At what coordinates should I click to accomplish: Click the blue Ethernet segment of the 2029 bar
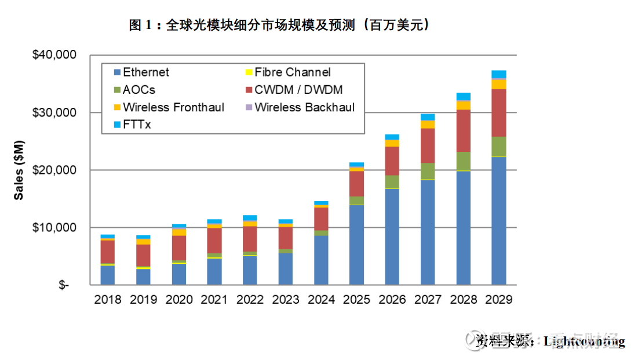pos(498,221)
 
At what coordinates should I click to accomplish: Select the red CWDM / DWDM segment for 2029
pos(498,112)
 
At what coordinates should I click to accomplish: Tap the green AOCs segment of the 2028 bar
pos(463,161)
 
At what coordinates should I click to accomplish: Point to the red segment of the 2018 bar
pos(107,252)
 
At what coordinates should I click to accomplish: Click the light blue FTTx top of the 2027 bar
pos(428,117)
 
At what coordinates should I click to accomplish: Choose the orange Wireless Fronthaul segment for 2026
pos(392,143)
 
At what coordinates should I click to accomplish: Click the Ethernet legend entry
pos(145,72)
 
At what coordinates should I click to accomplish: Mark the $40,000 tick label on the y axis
pos(54,55)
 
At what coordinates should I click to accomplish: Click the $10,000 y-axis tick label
pos(54,227)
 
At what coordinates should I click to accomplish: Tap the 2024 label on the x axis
pos(321,299)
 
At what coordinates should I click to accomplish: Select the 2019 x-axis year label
pos(143,299)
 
